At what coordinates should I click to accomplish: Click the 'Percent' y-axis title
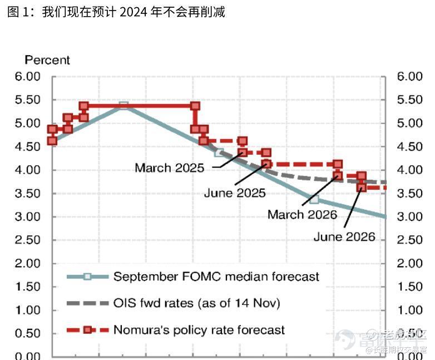[x=47, y=60]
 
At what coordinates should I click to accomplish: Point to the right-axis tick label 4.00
[x=410, y=170]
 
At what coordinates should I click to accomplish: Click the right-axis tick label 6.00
[x=410, y=76]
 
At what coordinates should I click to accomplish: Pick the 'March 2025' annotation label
[x=169, y=167]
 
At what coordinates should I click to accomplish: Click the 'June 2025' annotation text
[x=235, y=194]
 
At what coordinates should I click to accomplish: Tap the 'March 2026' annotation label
[x=302, y=215]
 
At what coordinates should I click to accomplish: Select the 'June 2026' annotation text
[x=344, y=237]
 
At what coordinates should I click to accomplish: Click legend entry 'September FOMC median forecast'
[x=216, y=276]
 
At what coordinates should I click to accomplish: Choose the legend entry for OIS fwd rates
[x=196, y=303]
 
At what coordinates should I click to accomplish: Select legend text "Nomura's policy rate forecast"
[x=199, y=330]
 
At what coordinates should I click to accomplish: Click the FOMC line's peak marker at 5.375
[x=124, y=106]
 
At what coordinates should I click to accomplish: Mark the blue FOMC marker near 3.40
[x=314, y=199]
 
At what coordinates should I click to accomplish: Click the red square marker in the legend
[x=87, y=330]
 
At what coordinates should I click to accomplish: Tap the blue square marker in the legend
[x=87, y=276]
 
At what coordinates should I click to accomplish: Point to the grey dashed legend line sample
[x=87, y=303]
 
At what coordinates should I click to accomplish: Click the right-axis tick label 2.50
[x=410, y=240]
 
